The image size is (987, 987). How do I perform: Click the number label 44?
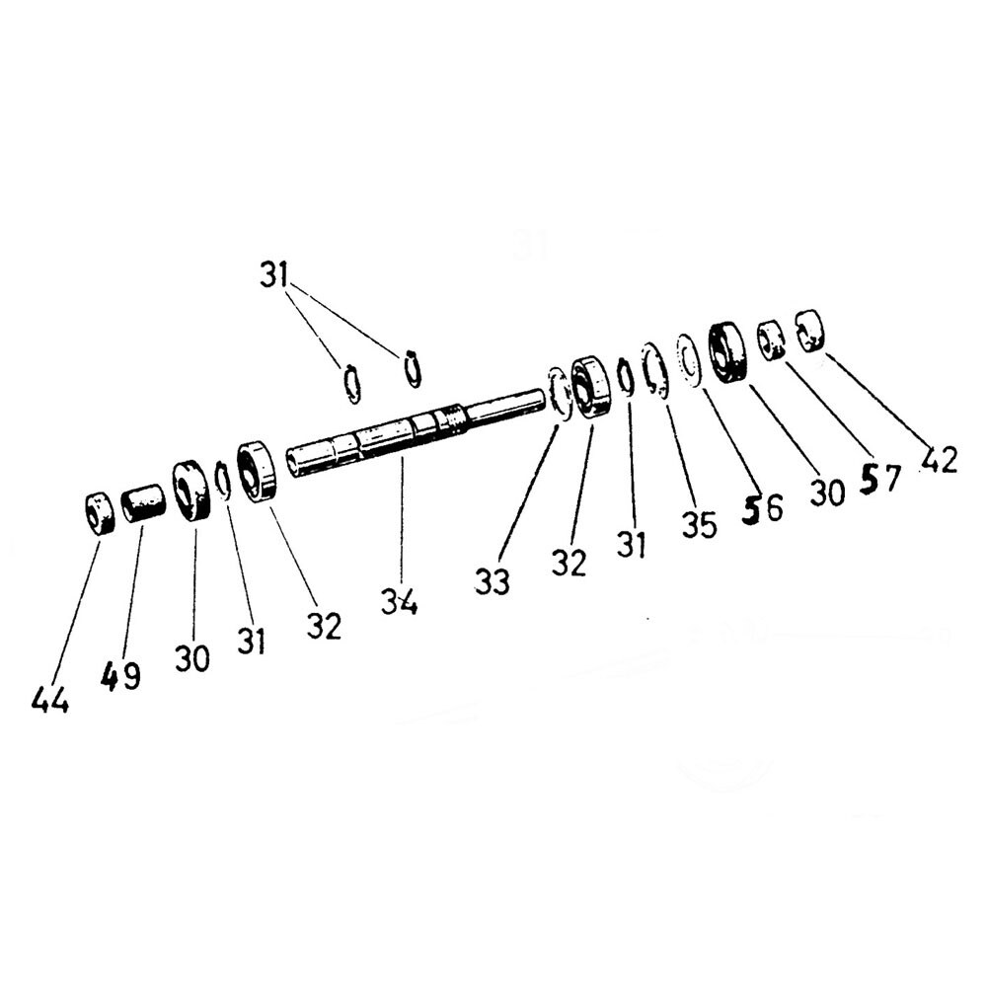pos(50,701)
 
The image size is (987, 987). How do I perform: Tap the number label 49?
pos(120,676)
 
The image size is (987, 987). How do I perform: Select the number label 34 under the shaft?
pos(400,600)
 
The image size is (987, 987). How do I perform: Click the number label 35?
pos(699,524)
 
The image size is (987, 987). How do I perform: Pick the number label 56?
pos(761,509)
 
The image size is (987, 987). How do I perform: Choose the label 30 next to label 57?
pos(827,493)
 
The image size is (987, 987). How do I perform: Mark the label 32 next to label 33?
pos(569,563)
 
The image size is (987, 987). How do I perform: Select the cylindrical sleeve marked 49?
pos(144,502)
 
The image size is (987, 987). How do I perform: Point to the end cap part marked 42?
pos(809,330)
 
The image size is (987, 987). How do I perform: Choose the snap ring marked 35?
pos(653,371)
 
